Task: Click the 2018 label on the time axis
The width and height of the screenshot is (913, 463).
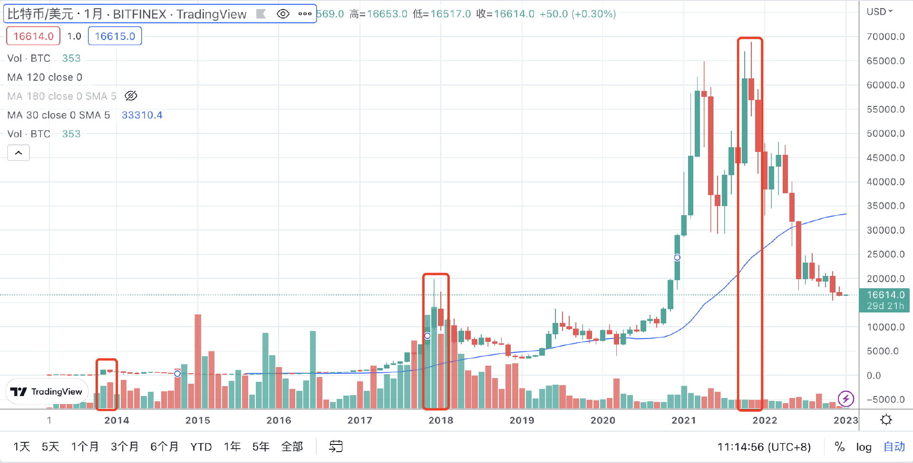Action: pos(440,420)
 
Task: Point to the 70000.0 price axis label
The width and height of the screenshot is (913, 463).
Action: pos(885,37)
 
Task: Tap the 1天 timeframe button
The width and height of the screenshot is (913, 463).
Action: pos(21,447)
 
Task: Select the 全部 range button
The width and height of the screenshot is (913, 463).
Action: pos(292,447)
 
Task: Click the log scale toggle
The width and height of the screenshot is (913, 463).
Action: pos(864,447)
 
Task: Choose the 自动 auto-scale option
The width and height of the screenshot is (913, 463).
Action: pos(894,447)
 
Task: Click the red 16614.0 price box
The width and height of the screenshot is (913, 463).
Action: pos(33,36)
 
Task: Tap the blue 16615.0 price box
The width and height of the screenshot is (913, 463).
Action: pos(115,36)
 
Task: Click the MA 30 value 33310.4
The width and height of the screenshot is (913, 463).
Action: pos(142,115)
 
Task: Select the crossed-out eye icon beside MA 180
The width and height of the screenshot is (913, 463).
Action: pos(131,96)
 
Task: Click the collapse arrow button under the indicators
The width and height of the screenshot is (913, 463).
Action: pos(19,153)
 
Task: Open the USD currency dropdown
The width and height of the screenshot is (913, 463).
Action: pos(879,12)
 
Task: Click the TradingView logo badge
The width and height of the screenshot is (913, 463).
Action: pos(47,392)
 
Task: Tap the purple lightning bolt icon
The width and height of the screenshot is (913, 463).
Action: pos(845,398)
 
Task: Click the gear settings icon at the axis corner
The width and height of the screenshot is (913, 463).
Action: pos(886,420)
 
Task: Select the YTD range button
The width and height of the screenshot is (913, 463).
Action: pos(201,447)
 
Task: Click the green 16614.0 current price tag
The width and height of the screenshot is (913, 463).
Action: pos(884,300)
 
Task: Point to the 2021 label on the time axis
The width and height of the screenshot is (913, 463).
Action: pos(683,420)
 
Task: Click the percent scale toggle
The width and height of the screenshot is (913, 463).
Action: pos(839,447)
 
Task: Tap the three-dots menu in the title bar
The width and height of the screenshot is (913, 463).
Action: pos(305,14)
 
